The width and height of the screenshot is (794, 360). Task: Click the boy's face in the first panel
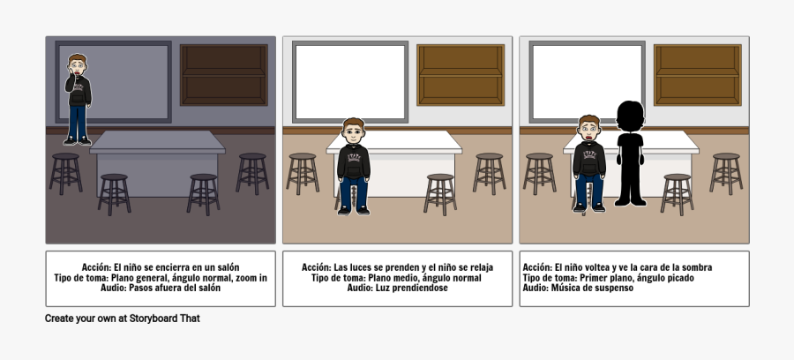(79, 66)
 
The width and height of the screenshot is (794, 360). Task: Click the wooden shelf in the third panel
(697, 74)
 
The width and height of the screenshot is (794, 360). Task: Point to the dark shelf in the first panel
(223, 74)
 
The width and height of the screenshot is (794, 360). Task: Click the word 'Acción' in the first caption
(96, 267)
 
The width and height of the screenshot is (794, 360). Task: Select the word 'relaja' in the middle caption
(476, 267)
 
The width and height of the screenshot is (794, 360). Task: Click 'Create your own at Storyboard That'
(123, 319)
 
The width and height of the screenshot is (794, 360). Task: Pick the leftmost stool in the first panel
(64, 172)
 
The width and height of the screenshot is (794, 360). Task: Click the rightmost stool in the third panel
(725, 172)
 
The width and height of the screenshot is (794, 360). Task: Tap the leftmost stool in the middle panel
(302, 172)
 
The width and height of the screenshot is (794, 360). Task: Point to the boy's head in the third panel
(588, 128)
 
